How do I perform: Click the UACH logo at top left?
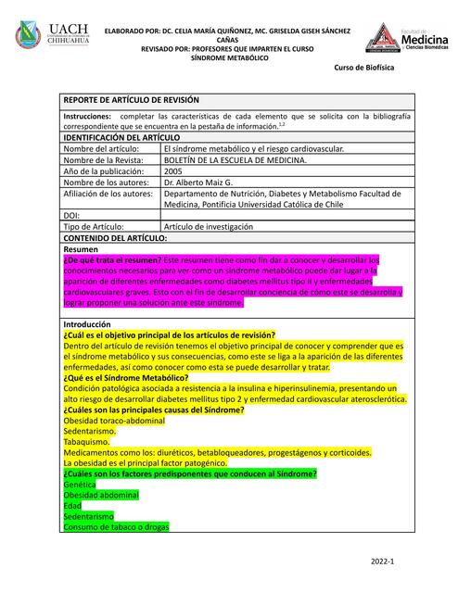pos(52,36)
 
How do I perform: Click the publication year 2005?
pos(172,171)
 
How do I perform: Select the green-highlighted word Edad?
pos(72,505)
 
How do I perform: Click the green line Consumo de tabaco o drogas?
pos(115,526)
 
